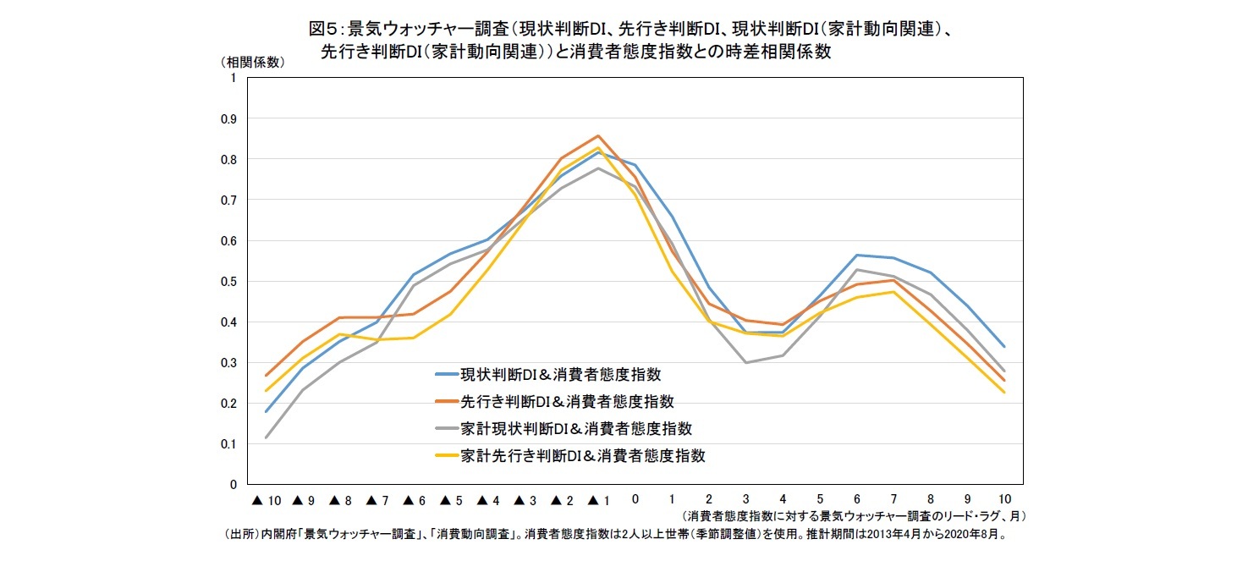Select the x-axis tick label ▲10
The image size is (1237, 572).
[x=266, y=500]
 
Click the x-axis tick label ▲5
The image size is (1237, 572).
[x=452, y=500]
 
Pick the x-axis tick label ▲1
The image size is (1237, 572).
[x=597, y=500]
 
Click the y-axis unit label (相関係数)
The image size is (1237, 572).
[x=252, y=62]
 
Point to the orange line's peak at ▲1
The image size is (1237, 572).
[x=598, y=135]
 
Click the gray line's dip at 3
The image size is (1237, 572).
[x=746, y=363]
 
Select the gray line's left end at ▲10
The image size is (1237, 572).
[x=266, y=437]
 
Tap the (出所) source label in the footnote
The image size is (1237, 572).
[x=241, y=535]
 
